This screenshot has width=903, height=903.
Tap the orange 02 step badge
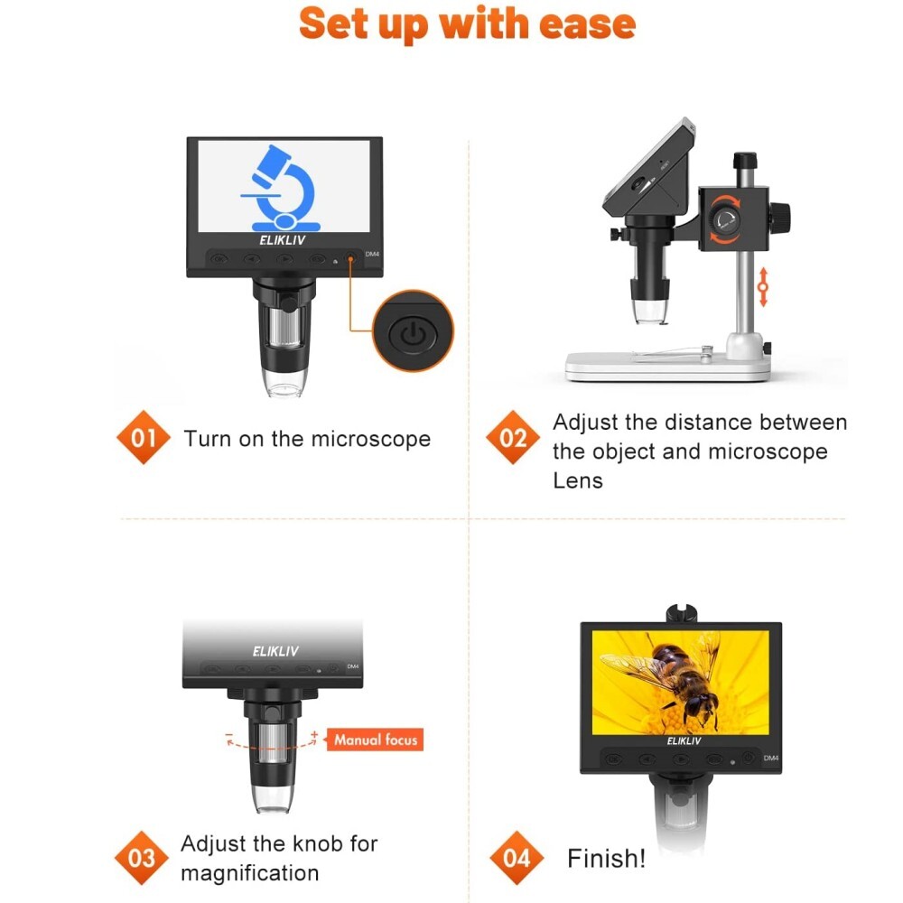[x=513, y=439]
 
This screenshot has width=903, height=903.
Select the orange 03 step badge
[x=142, y=857]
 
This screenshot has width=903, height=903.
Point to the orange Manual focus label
[x=376, y=740]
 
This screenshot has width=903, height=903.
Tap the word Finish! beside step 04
[x=606, y=858]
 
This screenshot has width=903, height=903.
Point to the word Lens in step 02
[x=578, y=480]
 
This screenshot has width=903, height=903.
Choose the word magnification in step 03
[x=249, y=873]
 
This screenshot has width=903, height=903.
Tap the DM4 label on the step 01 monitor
[x=371, y=255]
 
